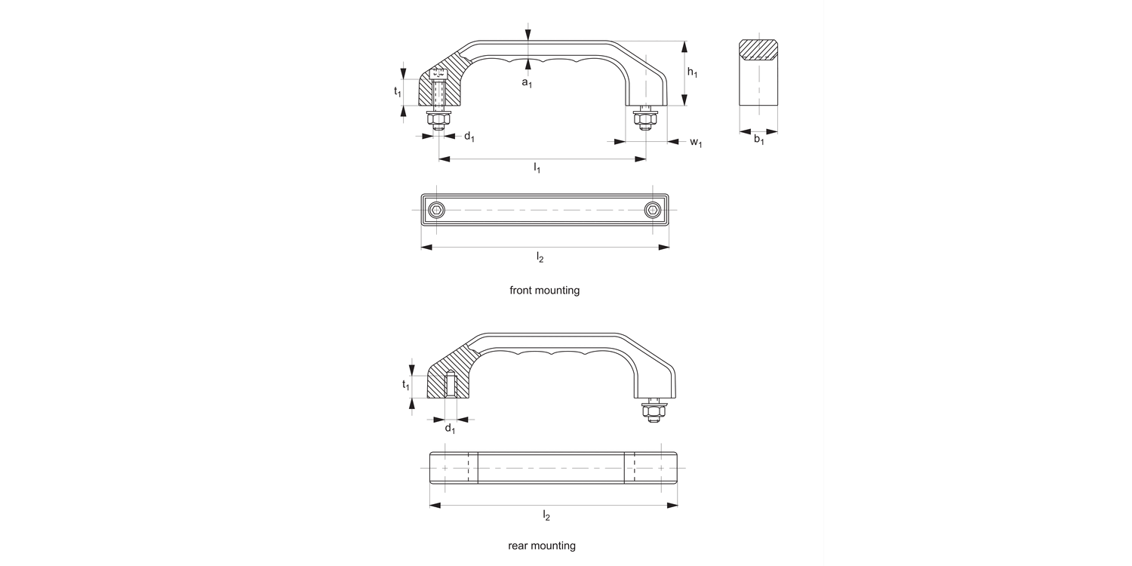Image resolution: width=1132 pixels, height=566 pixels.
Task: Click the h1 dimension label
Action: coord(693,73)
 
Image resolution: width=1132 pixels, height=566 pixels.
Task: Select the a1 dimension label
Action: coord(527,83)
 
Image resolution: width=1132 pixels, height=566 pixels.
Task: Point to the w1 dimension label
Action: coord(695,143)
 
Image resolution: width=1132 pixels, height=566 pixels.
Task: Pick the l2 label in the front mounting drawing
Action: coord(540,258)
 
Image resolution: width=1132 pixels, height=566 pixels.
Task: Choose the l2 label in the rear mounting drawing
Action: coord(546,515)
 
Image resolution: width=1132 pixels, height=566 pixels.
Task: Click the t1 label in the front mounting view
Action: coord(397,91)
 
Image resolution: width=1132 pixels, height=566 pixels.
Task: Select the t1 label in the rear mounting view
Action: coord(405,385)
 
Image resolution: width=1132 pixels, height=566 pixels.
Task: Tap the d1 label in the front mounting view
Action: coord(469,137)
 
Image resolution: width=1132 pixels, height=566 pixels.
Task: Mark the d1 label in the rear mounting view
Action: coord(450,429)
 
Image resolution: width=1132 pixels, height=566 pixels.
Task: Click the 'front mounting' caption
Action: coord(544,290)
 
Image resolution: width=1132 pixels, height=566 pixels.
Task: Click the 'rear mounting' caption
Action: coord(542,546)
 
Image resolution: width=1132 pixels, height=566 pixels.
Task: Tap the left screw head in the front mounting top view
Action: coord(437,209)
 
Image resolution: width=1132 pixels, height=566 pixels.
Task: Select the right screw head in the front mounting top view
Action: coord(653,209)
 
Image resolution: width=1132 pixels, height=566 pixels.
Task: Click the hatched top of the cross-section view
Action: coord(758,49)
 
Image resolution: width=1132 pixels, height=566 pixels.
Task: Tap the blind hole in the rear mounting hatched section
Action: coord(450,384)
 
